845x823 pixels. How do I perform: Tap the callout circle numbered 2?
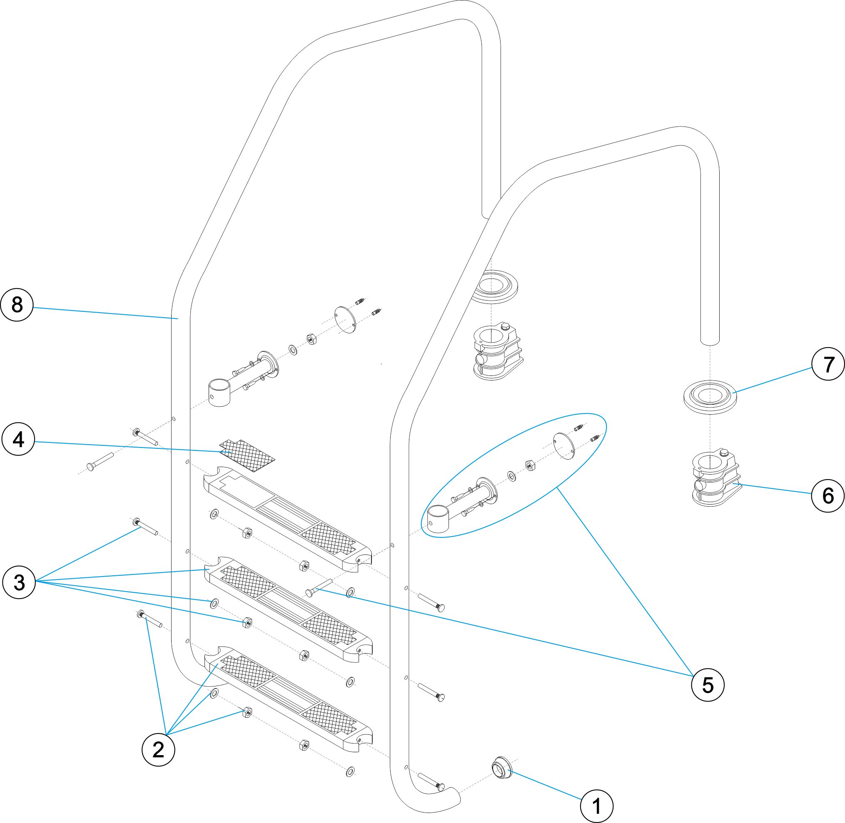(x=158, y=749)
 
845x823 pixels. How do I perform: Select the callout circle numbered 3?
(x=19, y=582)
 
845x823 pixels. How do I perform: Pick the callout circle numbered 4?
(x=18, y=440)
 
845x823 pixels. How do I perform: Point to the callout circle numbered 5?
(x=708, y=685)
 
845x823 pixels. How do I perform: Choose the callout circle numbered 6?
(x=828, y=496)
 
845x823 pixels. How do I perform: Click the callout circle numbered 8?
(x=17, y=305)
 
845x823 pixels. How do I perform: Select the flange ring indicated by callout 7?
(x=709, y=397)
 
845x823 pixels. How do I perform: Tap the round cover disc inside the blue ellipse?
(x=564, y=446)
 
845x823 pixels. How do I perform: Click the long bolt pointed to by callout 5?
(x=318, y=587)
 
